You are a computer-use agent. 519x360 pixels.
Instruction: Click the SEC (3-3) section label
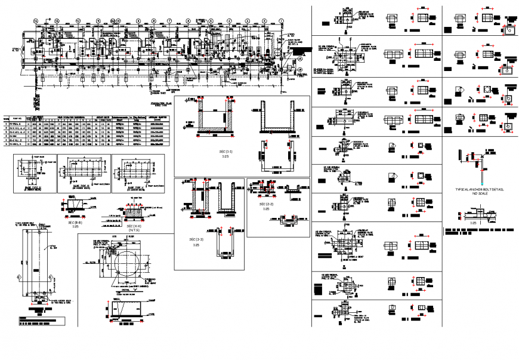195,239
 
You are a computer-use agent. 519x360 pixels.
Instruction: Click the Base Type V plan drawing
35,173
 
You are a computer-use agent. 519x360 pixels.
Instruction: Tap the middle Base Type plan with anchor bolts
84,173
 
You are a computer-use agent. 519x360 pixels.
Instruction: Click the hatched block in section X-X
132,212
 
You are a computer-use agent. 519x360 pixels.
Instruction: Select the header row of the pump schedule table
86,118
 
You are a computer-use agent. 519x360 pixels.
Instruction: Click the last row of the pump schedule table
86,144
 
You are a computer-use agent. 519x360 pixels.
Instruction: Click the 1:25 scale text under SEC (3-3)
195,244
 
